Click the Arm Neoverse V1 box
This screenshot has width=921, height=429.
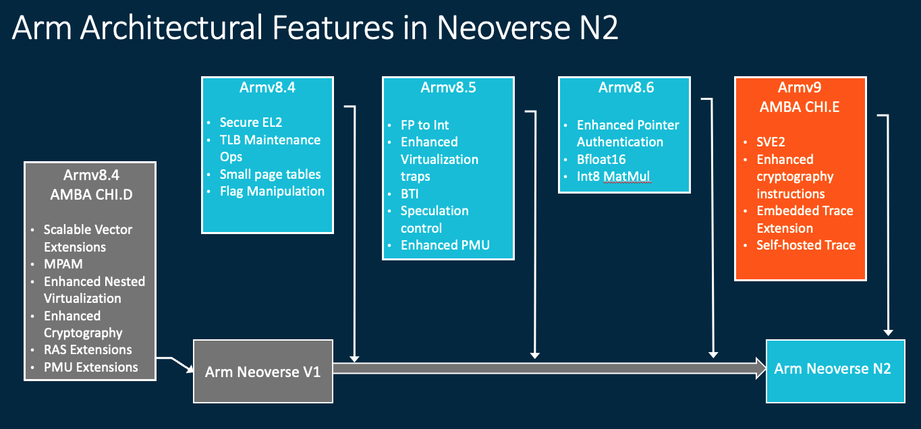263,372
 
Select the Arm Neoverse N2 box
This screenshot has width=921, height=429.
835,368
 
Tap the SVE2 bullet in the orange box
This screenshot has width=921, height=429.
772,142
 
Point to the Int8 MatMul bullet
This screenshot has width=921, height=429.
613,177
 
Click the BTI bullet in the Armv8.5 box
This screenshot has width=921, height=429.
410,194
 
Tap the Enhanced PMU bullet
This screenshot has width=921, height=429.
445,245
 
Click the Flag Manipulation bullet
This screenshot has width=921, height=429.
272,191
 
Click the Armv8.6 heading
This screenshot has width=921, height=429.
625,88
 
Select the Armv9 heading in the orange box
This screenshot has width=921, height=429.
800,88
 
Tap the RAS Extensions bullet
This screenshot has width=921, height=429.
88,349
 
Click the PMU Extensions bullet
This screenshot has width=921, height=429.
90,367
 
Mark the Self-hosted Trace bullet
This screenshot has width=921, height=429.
806,245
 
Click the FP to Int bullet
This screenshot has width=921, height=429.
424,125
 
